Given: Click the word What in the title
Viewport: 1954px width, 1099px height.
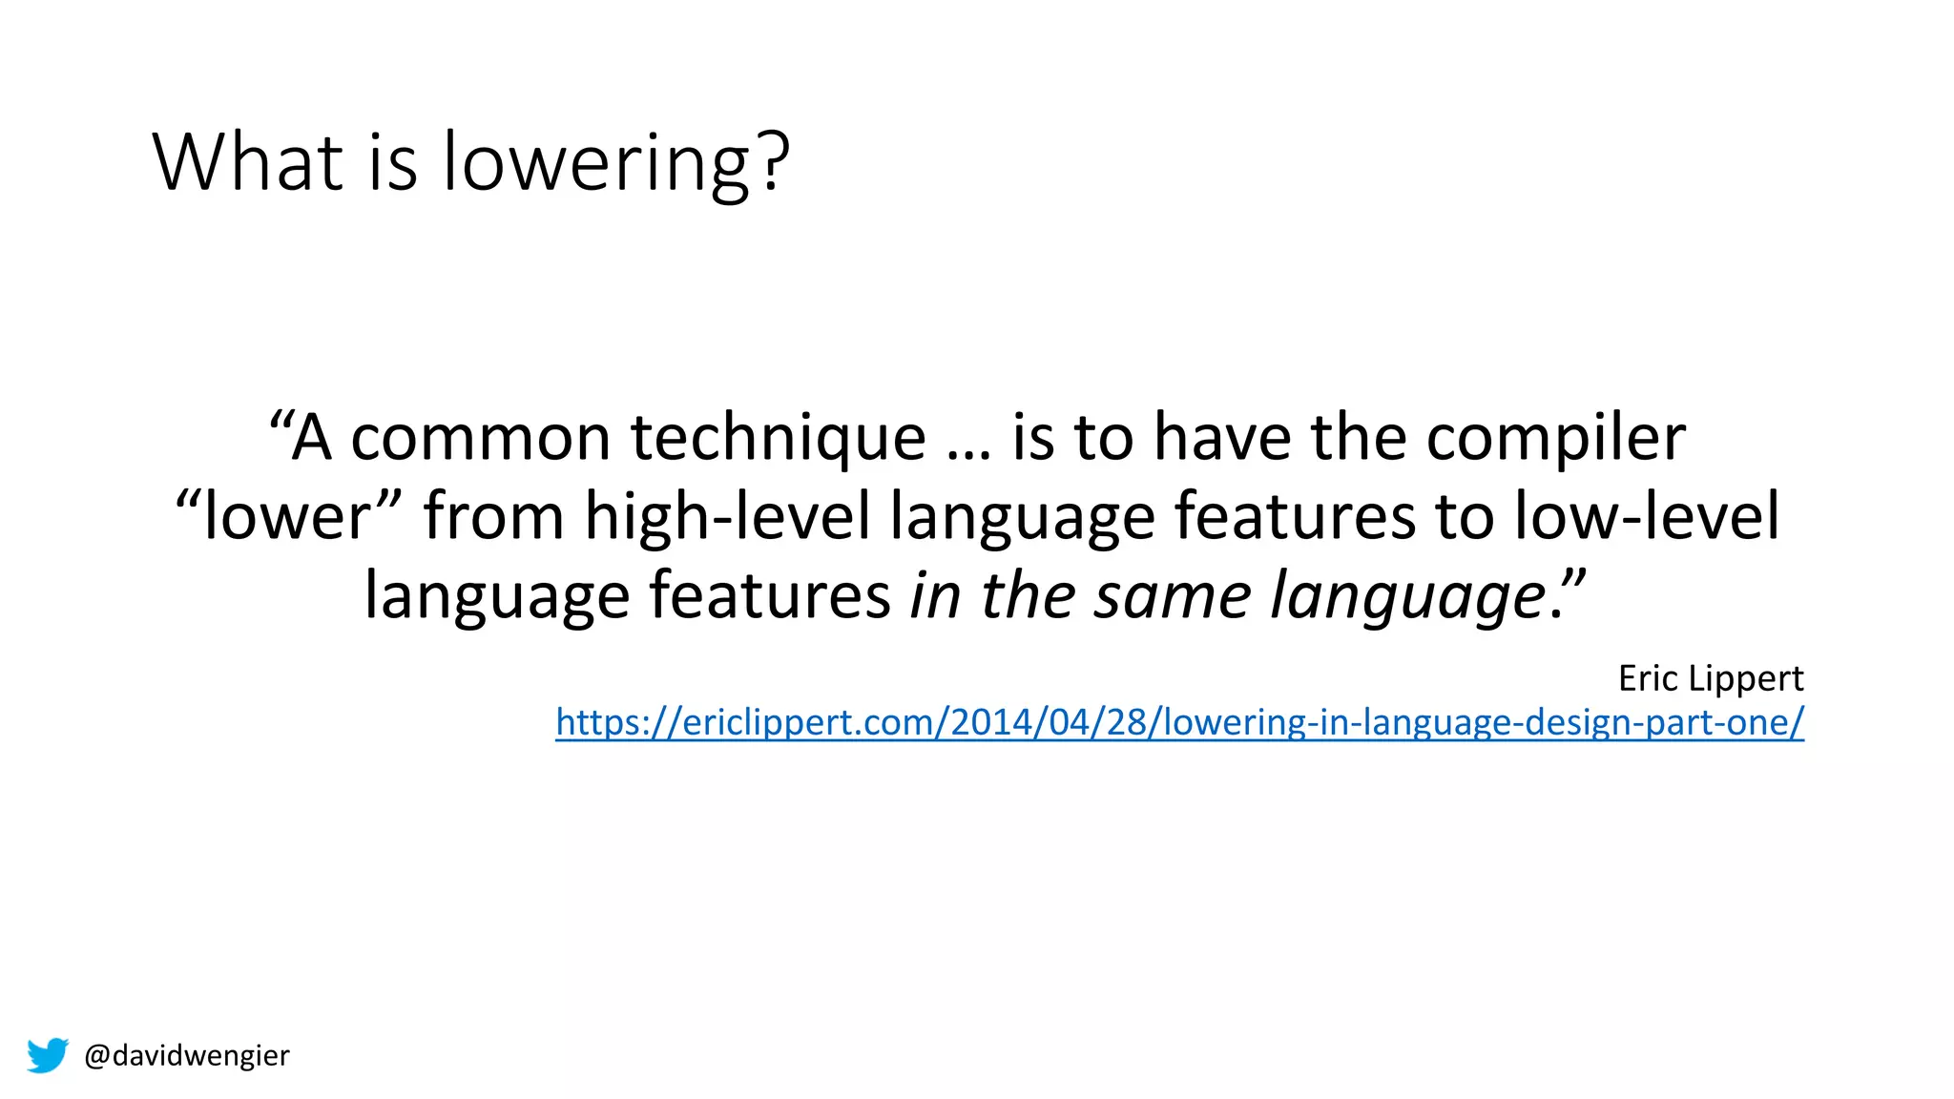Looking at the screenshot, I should coord(247,162).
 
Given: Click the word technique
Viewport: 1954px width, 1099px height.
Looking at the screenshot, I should coord(778,439).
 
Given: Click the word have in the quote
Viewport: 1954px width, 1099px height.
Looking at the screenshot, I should coord(1222,439).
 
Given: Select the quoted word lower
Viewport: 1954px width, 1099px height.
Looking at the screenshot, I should coord(285,517).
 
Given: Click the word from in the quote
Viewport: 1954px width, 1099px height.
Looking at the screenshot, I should coord(494,517).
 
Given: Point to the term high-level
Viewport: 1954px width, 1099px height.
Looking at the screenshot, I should coord(727,517).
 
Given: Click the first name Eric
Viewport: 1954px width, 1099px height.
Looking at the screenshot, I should coord(1647,678).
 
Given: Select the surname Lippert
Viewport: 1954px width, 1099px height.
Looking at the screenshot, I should coord(1745,679).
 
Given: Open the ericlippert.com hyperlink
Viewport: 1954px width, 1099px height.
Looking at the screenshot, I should coord(1179,722).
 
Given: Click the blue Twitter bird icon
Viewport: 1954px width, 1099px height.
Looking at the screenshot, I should coord(48,1055).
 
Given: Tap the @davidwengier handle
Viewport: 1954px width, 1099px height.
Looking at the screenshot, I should coord(187,1055).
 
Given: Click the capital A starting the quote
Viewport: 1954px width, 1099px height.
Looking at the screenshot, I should coord(311,439).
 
